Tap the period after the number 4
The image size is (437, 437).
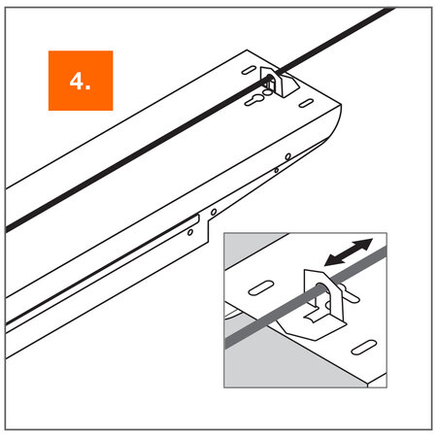pyautogui.click(x=89, y=88)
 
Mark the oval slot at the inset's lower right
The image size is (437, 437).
pyautogui.click(x=361, y=347)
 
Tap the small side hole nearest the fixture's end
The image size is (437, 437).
pyautogui.click(x=288, y=155)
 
